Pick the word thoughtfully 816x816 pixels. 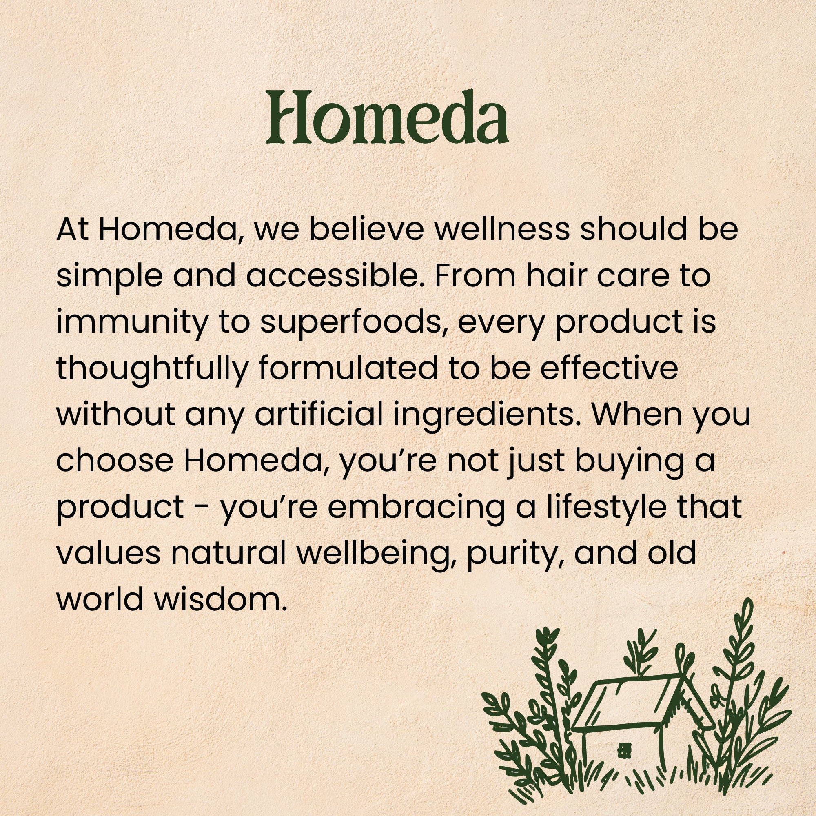152,370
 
